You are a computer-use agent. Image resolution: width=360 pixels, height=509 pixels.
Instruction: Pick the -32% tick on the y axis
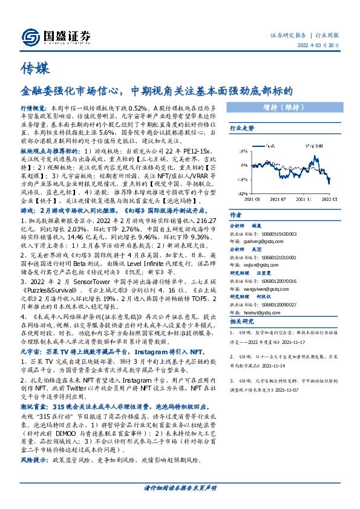(x=241, y=191)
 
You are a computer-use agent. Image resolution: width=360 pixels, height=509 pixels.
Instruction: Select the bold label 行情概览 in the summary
(x=31, y=105)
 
